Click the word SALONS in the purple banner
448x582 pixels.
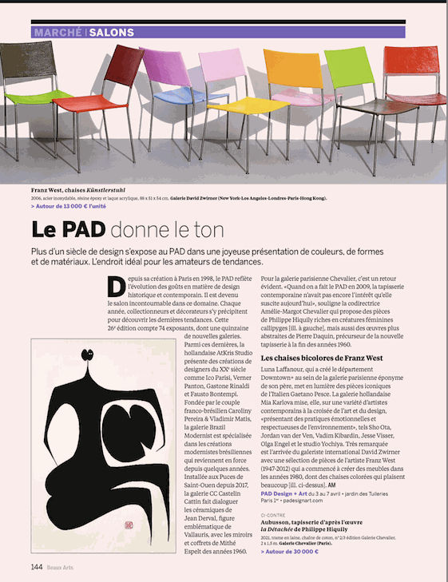pyautogui.click(x=111, y=33)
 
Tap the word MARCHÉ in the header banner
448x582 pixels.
pyautogui.click(x=57, y=33)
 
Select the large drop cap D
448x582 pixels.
pyautogui.click(x=115, y=285)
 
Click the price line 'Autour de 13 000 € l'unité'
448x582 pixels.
pyautogui.click(x=71, y=205)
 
